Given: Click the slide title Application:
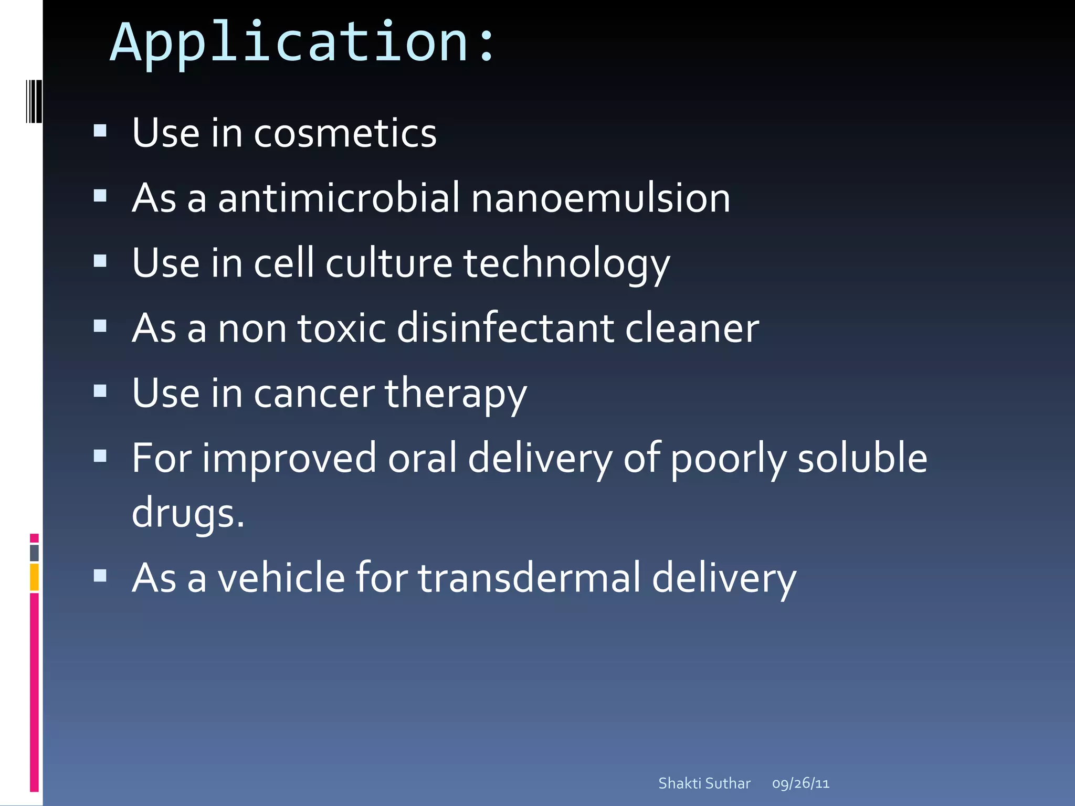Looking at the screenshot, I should tap(302, 43).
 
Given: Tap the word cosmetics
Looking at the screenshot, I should tap(345, 133).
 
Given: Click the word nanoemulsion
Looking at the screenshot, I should tap(600, 198).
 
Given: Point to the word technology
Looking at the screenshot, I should tap(566, 263).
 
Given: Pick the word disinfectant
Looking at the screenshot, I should tap(505, 328).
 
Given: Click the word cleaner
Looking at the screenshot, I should tap(692, 328).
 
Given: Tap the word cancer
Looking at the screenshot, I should tap(314, 394).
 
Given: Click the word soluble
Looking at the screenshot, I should tap(862, 458).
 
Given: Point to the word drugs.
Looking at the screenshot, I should tap(187, 513).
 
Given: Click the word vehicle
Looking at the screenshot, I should tap(281, 578).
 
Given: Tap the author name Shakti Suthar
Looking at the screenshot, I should tap(704, 783).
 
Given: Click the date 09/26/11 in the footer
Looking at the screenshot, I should tap(800, 783).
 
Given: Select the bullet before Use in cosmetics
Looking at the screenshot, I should tap(100, 130).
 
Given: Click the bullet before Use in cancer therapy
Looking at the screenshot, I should tap(100, 391).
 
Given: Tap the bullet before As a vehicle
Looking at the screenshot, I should tap(100, 576).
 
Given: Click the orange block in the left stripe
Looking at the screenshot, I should tap(34, 577).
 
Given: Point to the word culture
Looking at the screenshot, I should tap(388, 263).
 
